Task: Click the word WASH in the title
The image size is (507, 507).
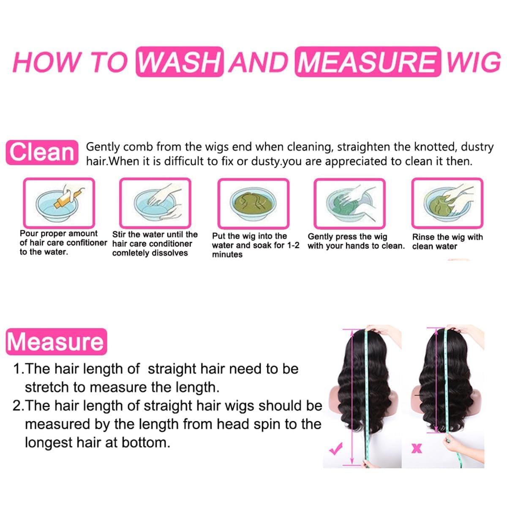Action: pyautogui.click(x=180, y=62)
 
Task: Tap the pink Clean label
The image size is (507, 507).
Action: pyautogui.click(x=42, y=152)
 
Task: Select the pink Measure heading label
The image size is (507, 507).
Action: pyautogui.click(x=56, y=342)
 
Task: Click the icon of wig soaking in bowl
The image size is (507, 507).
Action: pyautogui.click(x=253, y=203)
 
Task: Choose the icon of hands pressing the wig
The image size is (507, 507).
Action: pyautogui.click(x=349, y=203)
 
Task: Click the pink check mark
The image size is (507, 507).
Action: pyautogui.click(x=336, y=449)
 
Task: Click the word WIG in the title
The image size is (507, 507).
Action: pyautogui.click(x=474, y=62)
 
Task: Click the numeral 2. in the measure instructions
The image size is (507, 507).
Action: pyautogui.click(x=18, y=406)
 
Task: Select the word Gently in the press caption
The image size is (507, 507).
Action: pyautogui.click(x=320, y=237)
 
